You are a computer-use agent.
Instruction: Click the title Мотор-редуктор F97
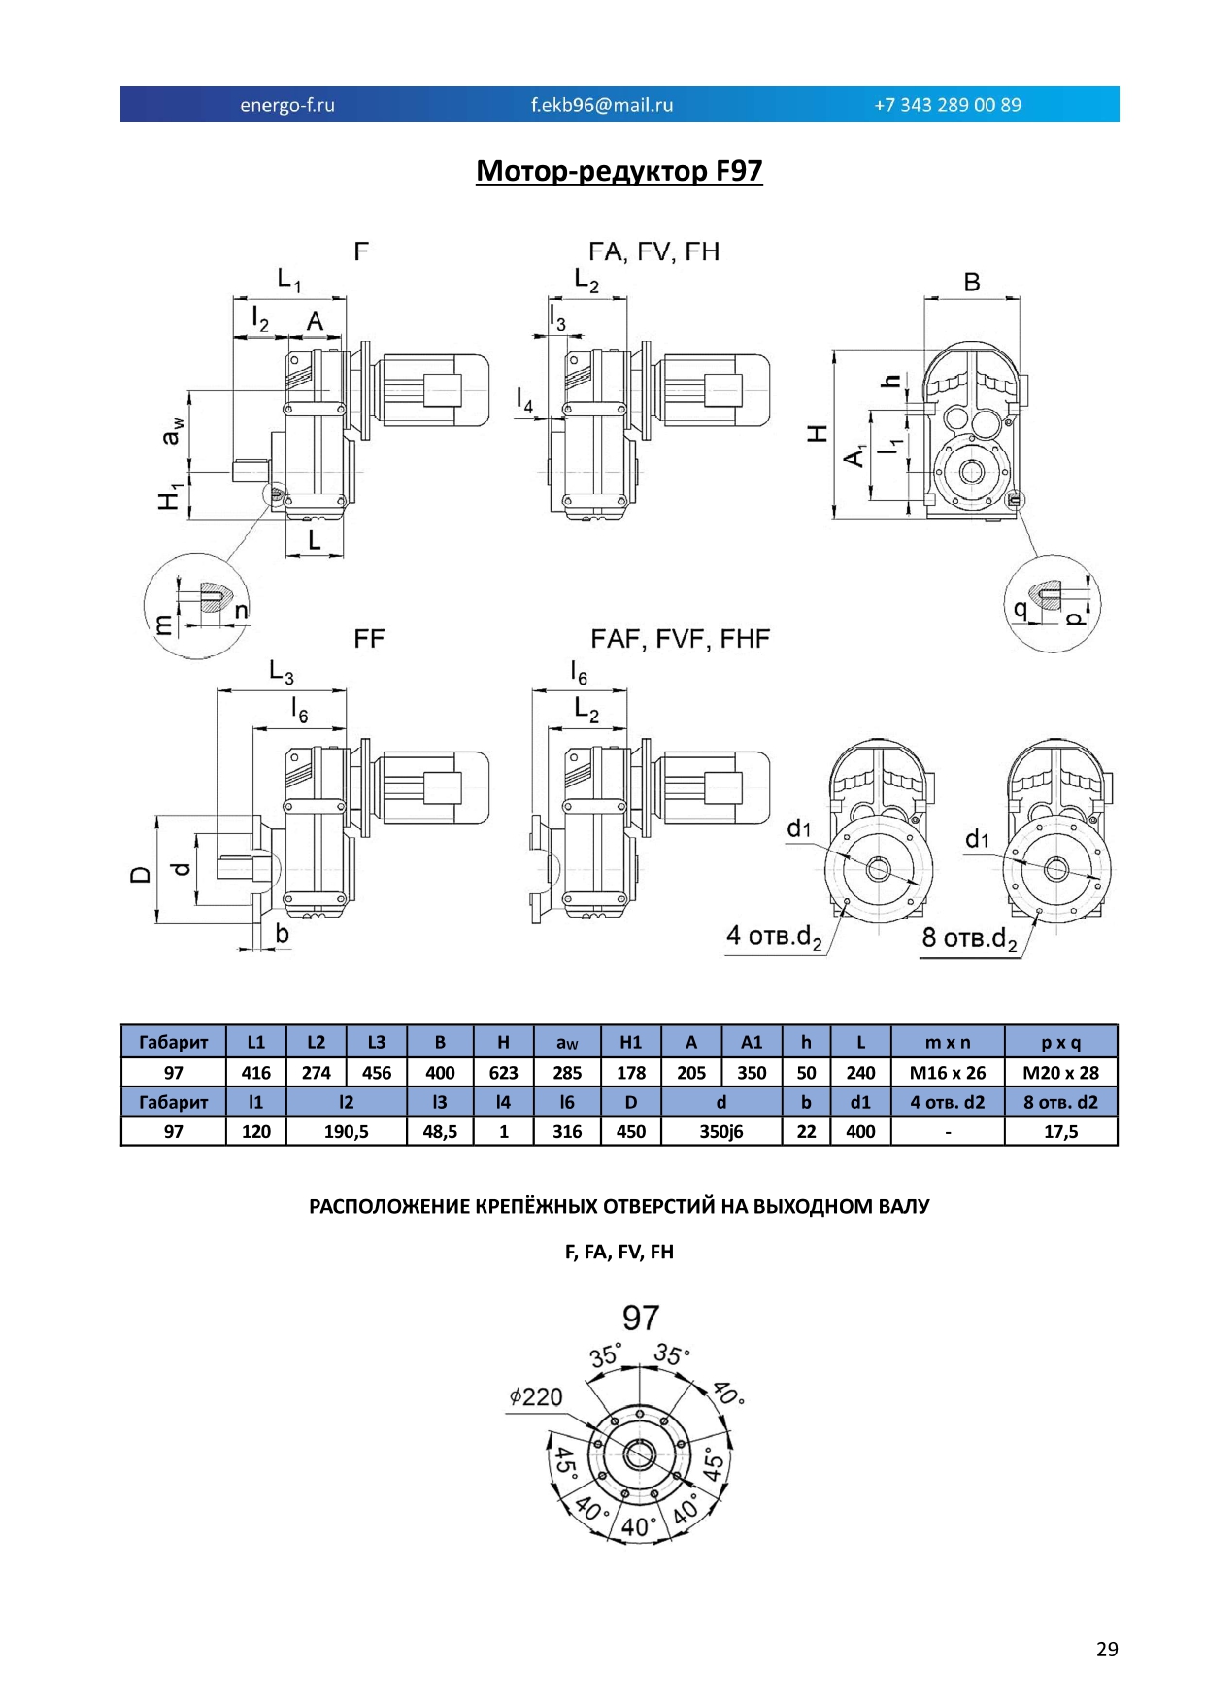[x=619, y=171]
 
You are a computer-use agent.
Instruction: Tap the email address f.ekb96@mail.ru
[x=602, y=105]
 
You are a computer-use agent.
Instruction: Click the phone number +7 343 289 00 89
[x=948, y=105]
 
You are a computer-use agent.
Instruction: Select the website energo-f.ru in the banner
[x=287, y=105]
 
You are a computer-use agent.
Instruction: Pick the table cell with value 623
[x=503, y=1073]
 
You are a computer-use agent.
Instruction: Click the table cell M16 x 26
[x=948, y=1073]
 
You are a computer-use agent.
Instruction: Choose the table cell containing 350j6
[x=721, y=1131]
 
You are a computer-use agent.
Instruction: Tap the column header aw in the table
[x=567, y=1043]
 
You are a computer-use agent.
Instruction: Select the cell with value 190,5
[x=347, y=1131]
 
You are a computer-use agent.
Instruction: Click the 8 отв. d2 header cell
[x=1061, y=1102]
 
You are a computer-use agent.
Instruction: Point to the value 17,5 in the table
[x=1061, y=1131]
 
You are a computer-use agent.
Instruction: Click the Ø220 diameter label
[x=536, y=1397]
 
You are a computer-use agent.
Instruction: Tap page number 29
[x=1107, y=1650]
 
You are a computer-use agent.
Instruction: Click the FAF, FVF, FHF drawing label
[x=680, y=639]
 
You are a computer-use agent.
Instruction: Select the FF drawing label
[x=369, y=639]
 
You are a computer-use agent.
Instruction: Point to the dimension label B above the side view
[x=972, y=282]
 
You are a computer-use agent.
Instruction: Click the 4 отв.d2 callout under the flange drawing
[x=775, y=937]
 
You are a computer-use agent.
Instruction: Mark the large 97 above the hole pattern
[x=641, y=1318]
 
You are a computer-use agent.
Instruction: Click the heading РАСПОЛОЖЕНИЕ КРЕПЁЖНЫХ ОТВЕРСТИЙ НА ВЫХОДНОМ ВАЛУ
[x=619, y=1207]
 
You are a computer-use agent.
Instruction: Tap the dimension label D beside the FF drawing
[x=141, y=874]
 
